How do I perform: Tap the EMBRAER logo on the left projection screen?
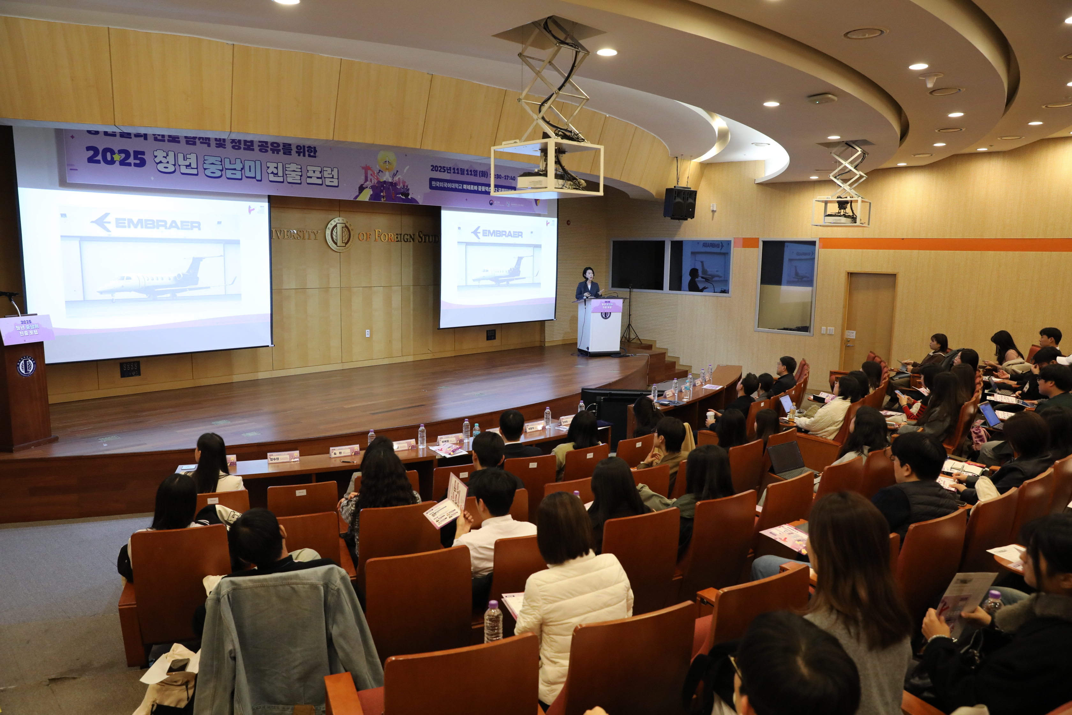pos(146,223)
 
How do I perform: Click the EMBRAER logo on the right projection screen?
pos(497,233)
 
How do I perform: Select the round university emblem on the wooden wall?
pos(339,234)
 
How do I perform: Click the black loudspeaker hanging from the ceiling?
pos(679,203)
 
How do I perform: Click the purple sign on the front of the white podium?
pos(607,305)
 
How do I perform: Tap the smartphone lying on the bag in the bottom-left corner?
pos(178,666)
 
